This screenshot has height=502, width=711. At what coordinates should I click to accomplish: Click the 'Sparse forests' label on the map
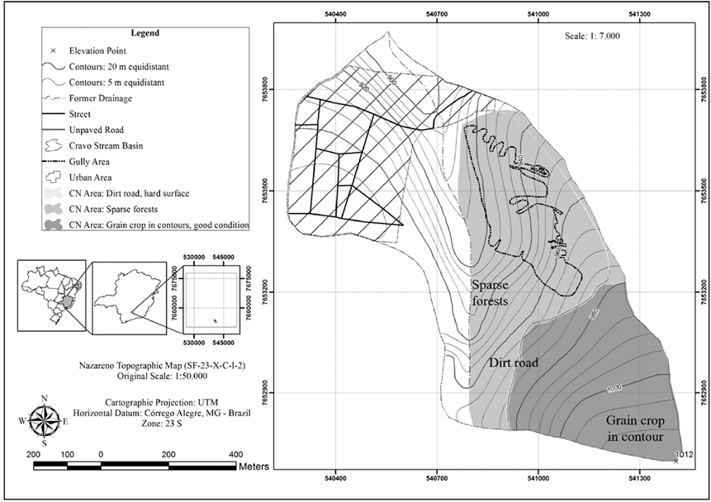click(500, 292)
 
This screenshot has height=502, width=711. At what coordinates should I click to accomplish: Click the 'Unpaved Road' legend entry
click(99, 130)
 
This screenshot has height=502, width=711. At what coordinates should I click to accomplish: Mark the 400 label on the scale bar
click(235, 454)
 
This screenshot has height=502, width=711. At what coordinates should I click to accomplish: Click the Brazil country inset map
click(51, 296)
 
